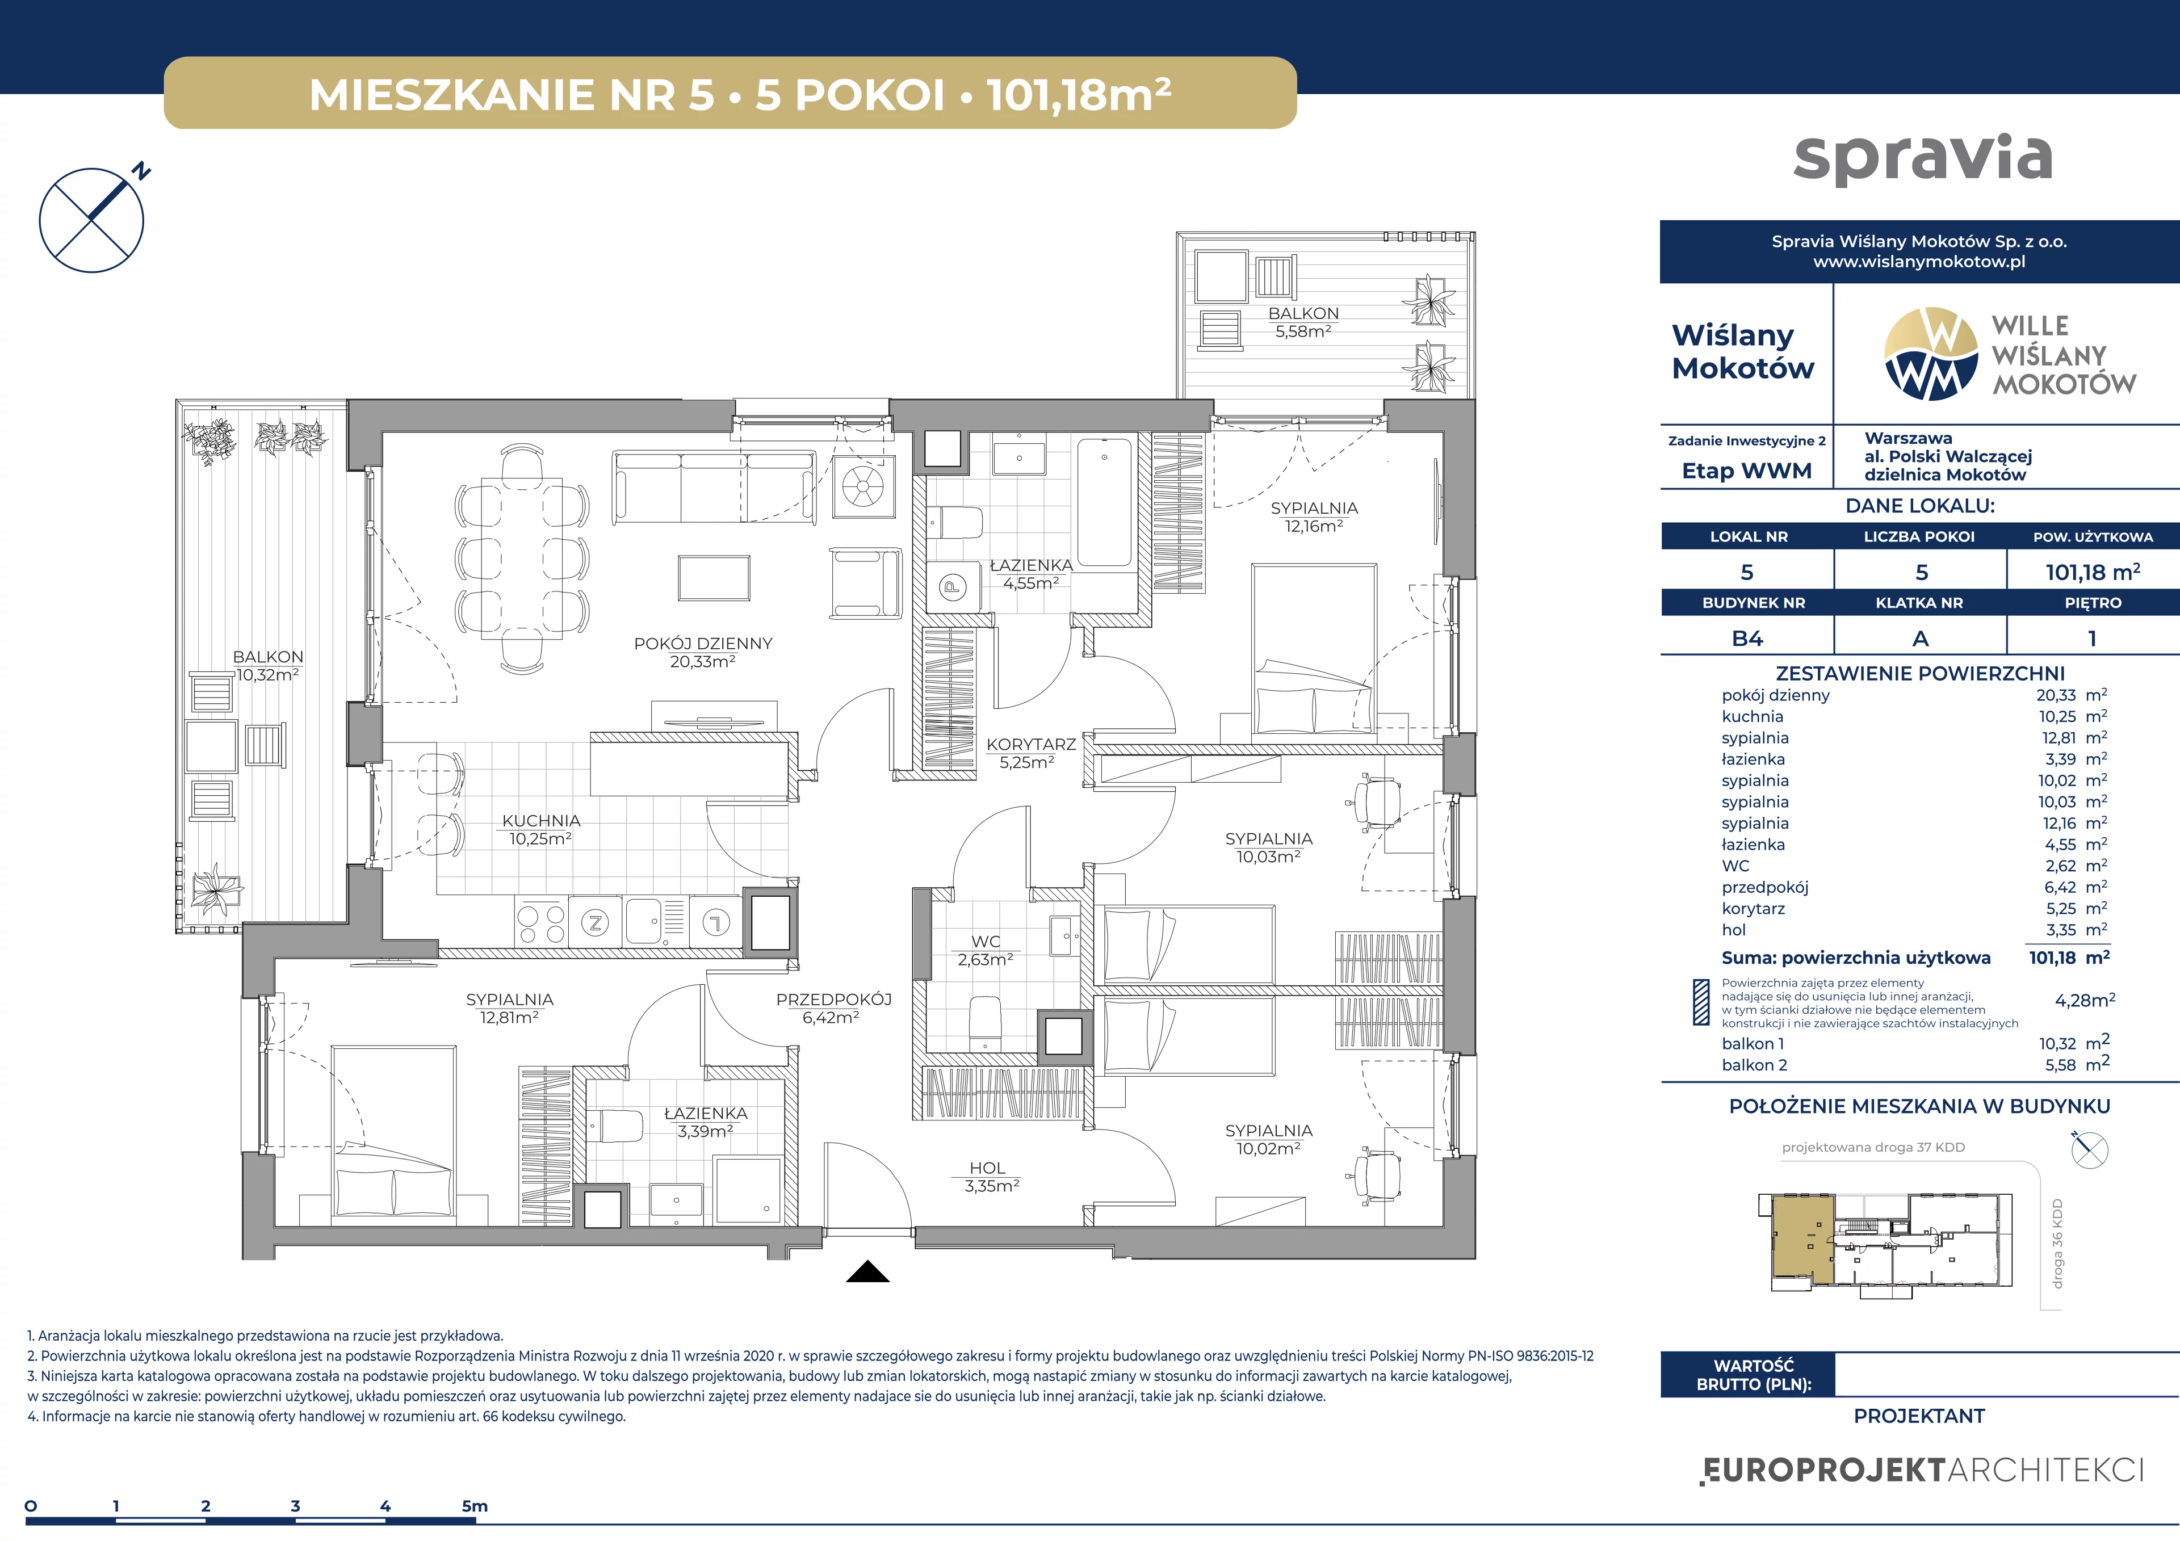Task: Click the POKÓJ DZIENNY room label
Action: pos(703,643)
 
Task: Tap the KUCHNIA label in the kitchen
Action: pos(540,820)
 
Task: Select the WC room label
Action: pos(986,941)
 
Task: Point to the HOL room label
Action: pos(987,1168)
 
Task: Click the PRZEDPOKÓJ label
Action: pos(833,999)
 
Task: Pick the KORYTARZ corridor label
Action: pos(1031,744)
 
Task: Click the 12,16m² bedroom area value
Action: pos(1314,526)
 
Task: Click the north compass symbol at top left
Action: pos(92,220)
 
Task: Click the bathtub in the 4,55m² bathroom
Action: pos(1105,502)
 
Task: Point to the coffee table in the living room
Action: pos(714,577)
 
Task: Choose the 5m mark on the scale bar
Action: pos(475,1506)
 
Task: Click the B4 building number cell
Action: pos(1747,638)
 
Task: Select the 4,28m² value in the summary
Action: pos(2085,1000)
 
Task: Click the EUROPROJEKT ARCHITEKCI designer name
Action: pos(1922,1470)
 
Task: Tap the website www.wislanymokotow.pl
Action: pos(1919,261)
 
